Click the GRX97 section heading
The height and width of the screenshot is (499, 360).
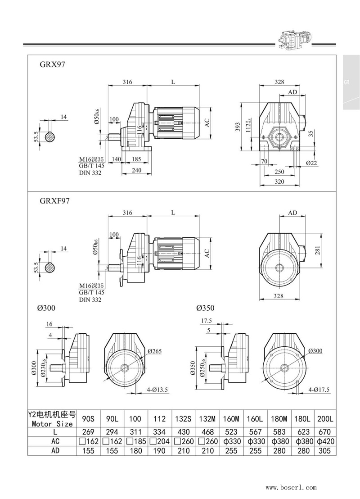coord(53,64)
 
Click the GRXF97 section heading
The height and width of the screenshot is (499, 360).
coord(55,201)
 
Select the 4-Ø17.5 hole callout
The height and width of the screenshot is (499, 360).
coord(319,390)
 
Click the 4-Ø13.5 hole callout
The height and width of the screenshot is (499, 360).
coord(157,390)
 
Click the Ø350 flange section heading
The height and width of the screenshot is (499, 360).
coord(205,308)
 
